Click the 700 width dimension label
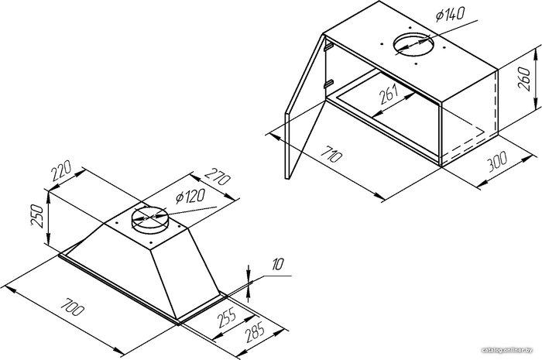tap(72, 307)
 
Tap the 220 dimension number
tap(61, 170)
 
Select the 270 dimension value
tap(217, 177)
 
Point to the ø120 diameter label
tap(190, 197)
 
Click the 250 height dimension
tap(37, 215)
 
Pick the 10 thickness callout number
tap(277, 264)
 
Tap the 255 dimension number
tap(227, 317)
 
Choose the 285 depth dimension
tap(255, 331)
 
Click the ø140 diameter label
tap(450, 14)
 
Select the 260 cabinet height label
tap(524, 79)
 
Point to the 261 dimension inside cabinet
tap(389, 94)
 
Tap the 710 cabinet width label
tap(331, 154)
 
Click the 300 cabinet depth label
tap(497, 161)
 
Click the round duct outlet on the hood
tap(149, 219)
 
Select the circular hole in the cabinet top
tap(413, 44)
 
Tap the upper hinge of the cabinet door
tap(328, 46)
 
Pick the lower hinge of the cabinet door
tap(328, 84)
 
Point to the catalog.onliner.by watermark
tap(507, 351)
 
